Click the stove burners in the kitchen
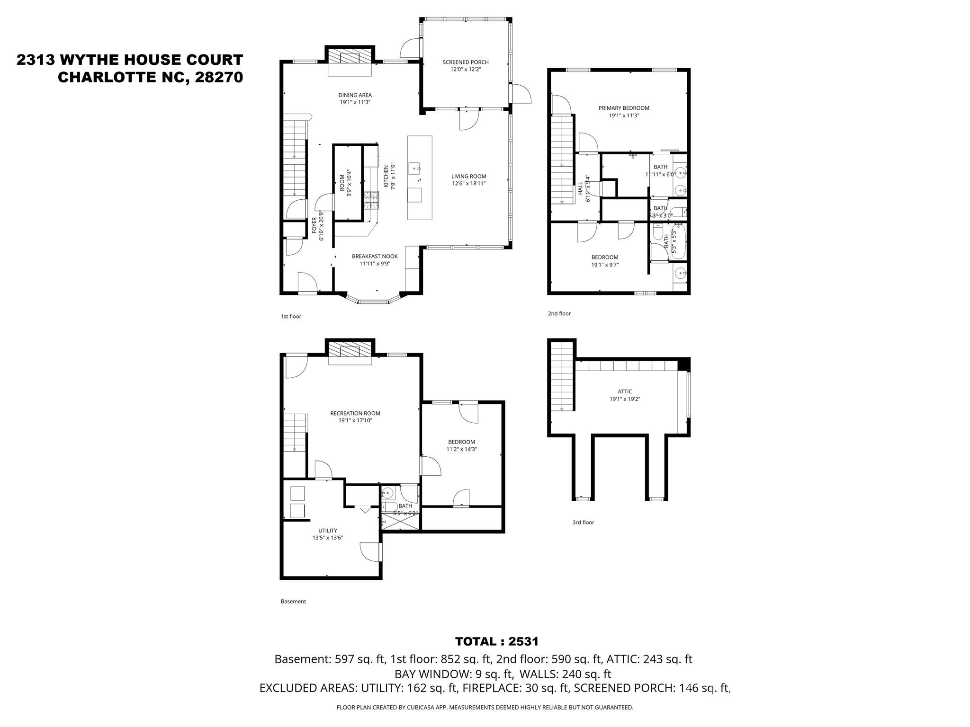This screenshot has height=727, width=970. [x=371, y=200]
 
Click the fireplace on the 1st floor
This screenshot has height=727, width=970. [x=350, y=57]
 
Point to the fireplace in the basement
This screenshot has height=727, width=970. [x=350, y=351]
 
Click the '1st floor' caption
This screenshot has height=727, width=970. [x=291, y=317]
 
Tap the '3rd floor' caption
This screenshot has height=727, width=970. [x=583, y=523]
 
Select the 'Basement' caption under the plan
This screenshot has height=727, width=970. [x=293, y=602]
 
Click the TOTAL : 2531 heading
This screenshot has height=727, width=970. [x=496, y=641]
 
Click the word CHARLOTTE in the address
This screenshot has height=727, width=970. [x=112, y=77]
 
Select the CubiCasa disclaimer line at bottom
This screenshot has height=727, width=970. [x=485, y=708]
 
